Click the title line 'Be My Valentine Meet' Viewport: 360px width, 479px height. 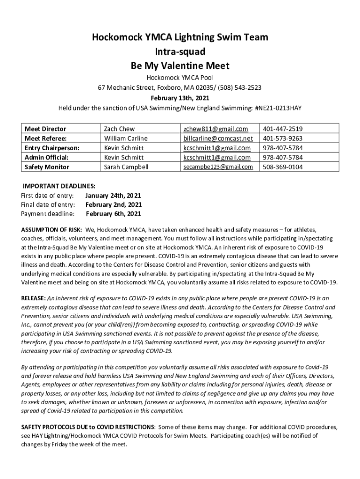(180, 65)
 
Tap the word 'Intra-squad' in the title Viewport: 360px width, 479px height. (180, 51)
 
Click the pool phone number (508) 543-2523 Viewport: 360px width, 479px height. (238, 87)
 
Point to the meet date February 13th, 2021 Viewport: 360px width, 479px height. (180, 98)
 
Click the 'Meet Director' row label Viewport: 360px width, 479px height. (45, 129)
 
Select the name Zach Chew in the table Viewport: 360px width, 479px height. (119, 129)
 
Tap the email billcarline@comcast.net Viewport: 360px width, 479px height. (218, 138)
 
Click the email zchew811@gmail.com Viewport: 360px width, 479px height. (216, 129)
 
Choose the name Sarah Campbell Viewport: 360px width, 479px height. (126, 167)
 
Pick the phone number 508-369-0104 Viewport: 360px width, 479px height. (282, 167)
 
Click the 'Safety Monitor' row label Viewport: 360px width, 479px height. (47, 167)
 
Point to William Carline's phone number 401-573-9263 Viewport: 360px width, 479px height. (282, 138)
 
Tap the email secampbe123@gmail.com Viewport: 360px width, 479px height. (218, 167)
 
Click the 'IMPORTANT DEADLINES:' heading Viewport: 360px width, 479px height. (59, 186)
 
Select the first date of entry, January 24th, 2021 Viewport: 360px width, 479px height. (113, 195)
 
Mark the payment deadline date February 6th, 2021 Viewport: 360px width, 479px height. (113, 214)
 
